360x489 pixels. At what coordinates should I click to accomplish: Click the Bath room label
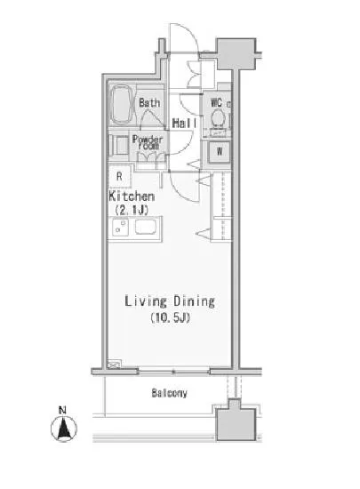click(149, 102)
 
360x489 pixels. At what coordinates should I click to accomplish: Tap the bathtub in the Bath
click(123, 105)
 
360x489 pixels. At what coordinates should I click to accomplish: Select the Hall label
click(185, 124)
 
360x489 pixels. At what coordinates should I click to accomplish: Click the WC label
click(216, 102)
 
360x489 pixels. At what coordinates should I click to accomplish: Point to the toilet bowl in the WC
click(218, 118)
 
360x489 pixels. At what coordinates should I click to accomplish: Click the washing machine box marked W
click(220, 151)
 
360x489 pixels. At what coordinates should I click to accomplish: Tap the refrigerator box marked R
click(120, 177)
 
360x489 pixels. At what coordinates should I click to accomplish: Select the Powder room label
click(148, 142)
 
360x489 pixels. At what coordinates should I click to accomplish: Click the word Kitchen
click(132, 196)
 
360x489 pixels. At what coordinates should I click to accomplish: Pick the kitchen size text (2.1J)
click(132, 210)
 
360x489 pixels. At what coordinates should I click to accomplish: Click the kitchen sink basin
click(146, 228)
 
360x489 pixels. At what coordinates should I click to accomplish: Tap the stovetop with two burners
click(120, 228)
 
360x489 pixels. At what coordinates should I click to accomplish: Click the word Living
click(146, 301)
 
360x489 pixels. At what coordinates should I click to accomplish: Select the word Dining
click(194, 301)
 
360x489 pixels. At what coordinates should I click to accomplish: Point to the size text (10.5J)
click(170, 317)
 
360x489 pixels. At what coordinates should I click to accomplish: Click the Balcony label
click(169, 393)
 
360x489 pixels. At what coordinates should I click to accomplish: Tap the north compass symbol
click(64, 428)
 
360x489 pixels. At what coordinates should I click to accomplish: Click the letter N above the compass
click(62, 410)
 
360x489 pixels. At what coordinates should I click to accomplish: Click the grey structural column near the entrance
click(236, 54)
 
